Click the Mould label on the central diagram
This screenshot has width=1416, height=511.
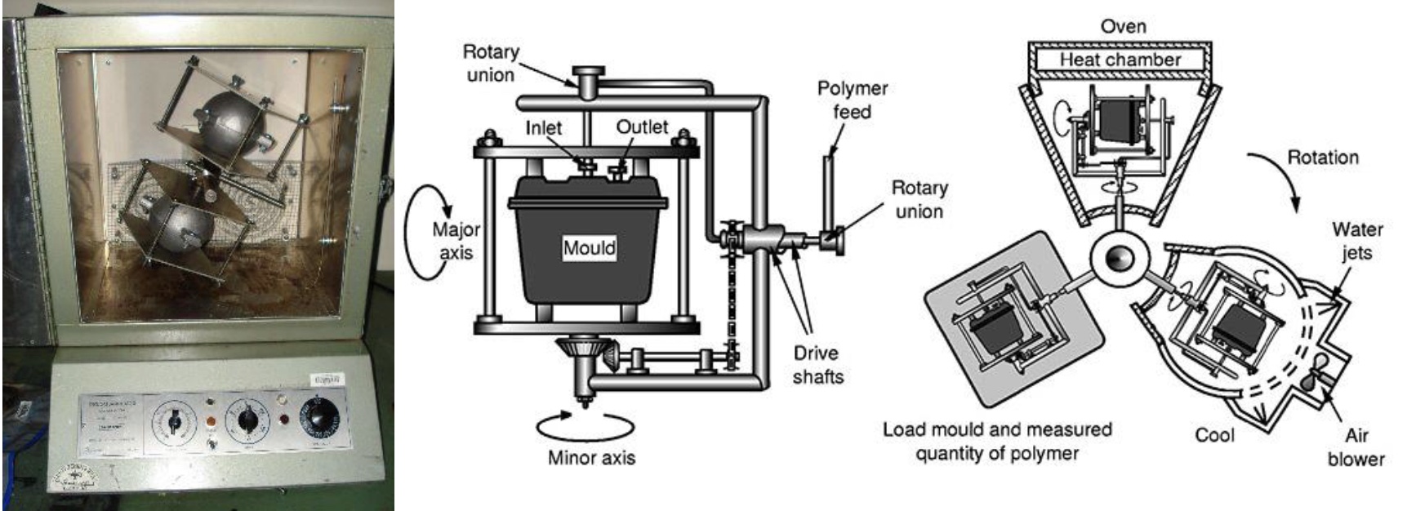(589, 248)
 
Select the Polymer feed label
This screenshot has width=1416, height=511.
(852, 100)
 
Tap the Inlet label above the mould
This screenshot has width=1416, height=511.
(543, 128)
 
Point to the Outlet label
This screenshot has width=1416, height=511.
(642, 127)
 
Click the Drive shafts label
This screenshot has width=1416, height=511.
(817, 364)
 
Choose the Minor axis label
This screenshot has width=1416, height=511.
(591, 458)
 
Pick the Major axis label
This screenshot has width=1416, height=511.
(456, 241)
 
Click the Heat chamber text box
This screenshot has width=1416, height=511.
(1120, 60)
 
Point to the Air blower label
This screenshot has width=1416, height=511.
(1356, 447)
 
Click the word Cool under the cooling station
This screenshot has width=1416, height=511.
(1214, 435)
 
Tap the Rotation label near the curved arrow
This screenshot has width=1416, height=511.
(1322, 158)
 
